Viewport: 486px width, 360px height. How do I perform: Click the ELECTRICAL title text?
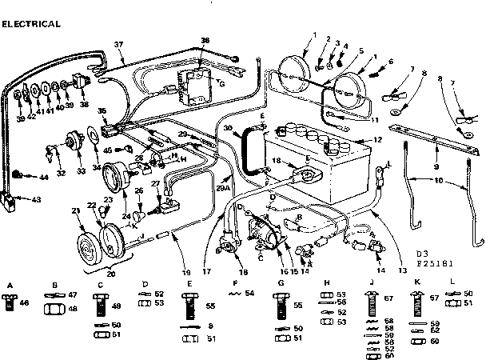coord(31,24)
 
